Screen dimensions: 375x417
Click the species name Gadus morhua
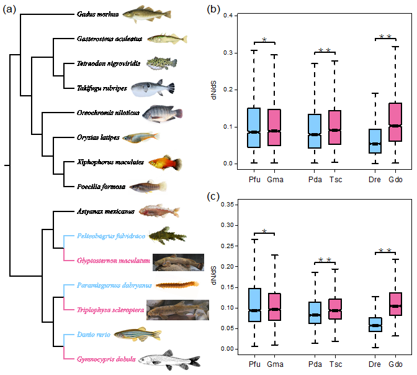point(99,14)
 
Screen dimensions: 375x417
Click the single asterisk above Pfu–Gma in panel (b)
point(264,40)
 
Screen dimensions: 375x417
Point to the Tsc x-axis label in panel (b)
point(336,180)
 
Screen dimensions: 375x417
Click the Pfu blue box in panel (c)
point(254,305)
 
